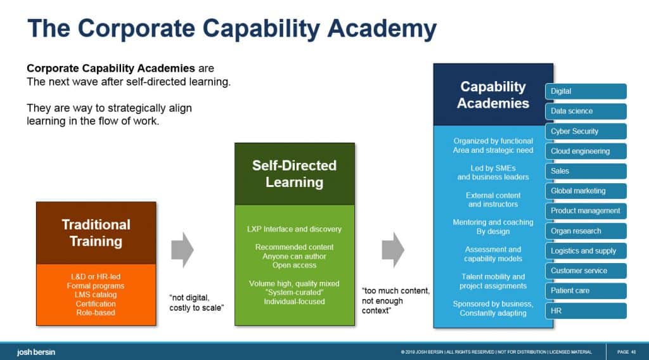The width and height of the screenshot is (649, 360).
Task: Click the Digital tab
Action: pyautogui.click(x=585, y=91)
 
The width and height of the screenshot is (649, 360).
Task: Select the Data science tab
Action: pyautogui.click(x=585, y=111)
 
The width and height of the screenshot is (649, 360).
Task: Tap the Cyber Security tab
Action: pyautogui.click(x=585, y=131)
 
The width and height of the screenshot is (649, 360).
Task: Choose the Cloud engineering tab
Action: pyautogui.click(x=585, y=151)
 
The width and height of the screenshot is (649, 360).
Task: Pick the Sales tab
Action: pyautogui.click(x=585, y=171)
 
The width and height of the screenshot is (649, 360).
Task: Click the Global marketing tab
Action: pyautogui.click(x=585, y=191)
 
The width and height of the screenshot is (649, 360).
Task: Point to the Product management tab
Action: pyautogui.click(x=585, y=211)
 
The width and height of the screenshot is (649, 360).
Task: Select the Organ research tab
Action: pyautogui.click(x=585, y=231)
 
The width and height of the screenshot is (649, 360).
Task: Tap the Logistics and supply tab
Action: pyautogui.click(x=585, y=251)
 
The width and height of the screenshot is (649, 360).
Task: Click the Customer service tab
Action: pyautogui.click(x=585, y=271)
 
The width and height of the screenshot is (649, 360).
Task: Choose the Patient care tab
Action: pyautogui.click(x=585, y=291)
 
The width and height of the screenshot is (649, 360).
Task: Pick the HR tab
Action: pyautogui.click(x=585, y=311)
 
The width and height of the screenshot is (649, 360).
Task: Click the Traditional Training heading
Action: pyautogui.click(x=96, y=233)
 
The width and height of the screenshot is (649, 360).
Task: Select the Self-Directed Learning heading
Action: pyautogui.click(x=294, y=174)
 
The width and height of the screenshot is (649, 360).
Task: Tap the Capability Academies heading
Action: pyautogui.click(x=492, y=94)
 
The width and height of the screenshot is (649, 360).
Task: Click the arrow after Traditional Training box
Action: pyautogui.click(x=183, y=250)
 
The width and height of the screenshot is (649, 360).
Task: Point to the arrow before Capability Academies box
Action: pyautogui.click(x=393, y=250)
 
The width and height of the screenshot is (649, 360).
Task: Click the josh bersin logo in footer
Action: pyautogui.click(x=37, y=352)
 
